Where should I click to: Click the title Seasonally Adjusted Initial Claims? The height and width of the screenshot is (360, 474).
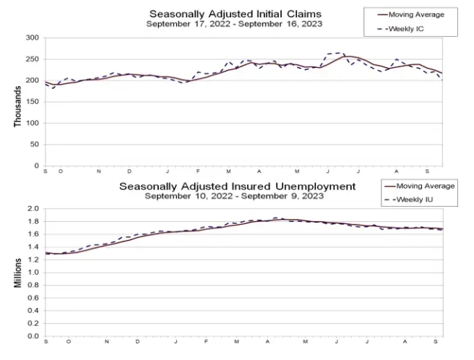tap(234, 14)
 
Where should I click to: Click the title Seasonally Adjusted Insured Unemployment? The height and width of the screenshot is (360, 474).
tap(237, 186)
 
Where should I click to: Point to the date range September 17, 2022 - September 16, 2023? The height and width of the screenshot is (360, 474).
tap(234, 24)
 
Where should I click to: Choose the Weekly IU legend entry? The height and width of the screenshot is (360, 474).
tap(413, 199)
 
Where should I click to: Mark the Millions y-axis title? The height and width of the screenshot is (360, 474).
tap(18, 272)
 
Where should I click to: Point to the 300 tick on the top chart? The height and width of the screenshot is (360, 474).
tap(31, 38)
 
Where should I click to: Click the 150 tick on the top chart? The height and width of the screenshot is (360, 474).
tap(31, 102)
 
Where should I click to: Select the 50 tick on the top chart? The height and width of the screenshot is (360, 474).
tap(33, 145)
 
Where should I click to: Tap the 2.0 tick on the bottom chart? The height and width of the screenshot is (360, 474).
tap(33, 209)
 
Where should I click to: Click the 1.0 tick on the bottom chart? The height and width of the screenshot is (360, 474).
tap(33, 273)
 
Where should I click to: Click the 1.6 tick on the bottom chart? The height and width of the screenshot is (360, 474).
tap(33, 234)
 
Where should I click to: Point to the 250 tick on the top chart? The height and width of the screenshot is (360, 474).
tap(31, 59)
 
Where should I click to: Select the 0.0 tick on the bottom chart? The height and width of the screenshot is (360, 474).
tap(33, 336)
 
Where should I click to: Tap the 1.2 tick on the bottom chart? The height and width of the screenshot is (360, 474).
tap(33, 260)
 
